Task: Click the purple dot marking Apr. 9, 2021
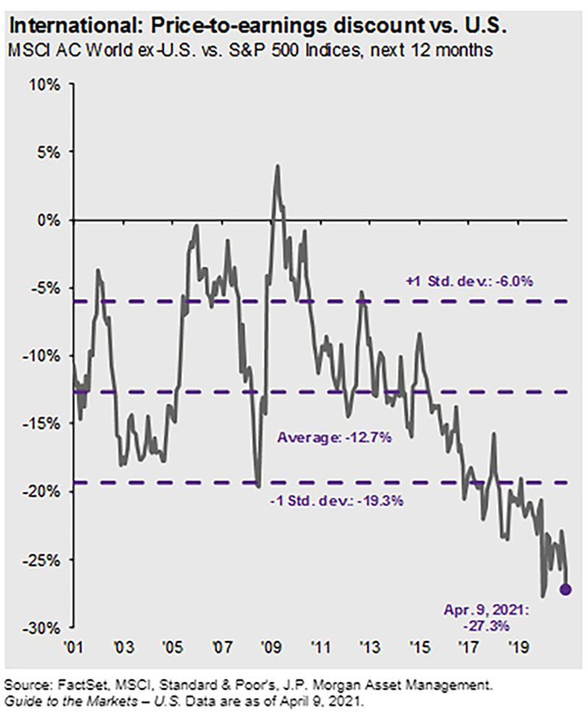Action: pyautogui.click(x=566, y=590)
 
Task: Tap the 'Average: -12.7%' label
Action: pyautogui.click(x=335, y=437)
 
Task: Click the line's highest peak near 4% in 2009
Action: pyautogui.click(x=277, y=165)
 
